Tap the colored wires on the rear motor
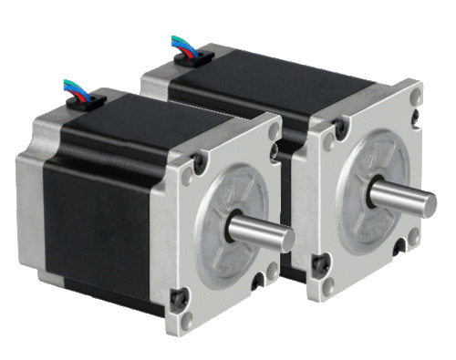[x=181, y=44]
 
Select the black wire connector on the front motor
[x=86, y=99]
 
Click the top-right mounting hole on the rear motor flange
[x=412, y=94]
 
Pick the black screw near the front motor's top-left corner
[x=200, y=163]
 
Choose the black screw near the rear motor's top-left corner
[x=338, y=129]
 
